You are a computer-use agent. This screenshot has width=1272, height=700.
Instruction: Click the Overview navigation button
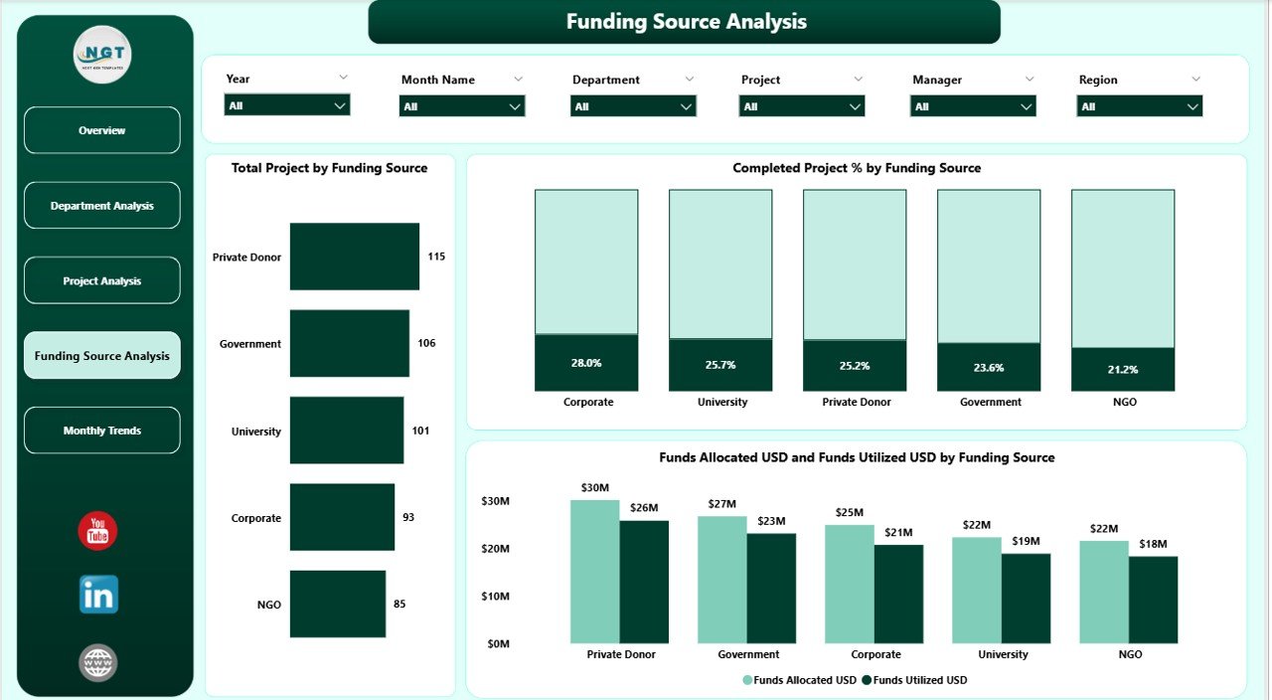(102, 130)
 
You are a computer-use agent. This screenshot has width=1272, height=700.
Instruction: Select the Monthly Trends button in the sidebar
(102, 431)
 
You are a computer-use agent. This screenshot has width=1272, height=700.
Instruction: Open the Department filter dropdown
(633, 106)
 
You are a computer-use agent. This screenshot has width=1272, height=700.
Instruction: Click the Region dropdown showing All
(1139, 106)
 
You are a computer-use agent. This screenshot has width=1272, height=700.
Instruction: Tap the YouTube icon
(97, 531)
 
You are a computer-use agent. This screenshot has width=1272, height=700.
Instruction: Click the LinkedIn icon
(98, 595)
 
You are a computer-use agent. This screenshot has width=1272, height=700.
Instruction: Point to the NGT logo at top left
(102, 55)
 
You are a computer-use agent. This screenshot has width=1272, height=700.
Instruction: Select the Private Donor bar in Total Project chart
(355, 257)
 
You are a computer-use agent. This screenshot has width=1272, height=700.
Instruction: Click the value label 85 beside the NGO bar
(398, 604)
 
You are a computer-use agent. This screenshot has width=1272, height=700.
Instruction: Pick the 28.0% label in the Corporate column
(586, 363)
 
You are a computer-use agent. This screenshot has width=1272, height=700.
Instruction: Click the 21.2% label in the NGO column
(1123, 369)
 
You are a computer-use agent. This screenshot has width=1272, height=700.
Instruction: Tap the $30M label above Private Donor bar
(595, 487)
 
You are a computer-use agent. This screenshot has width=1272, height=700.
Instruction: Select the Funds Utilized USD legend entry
(914, 680)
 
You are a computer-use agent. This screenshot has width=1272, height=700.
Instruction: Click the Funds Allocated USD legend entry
(800, 680)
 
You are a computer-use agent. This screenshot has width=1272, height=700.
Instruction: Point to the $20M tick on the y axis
(496, 549)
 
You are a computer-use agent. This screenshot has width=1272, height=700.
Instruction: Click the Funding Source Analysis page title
(686, 22)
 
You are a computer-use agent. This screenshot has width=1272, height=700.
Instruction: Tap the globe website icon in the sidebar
(98, 662)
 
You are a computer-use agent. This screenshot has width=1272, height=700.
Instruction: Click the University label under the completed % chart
(722, 403)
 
